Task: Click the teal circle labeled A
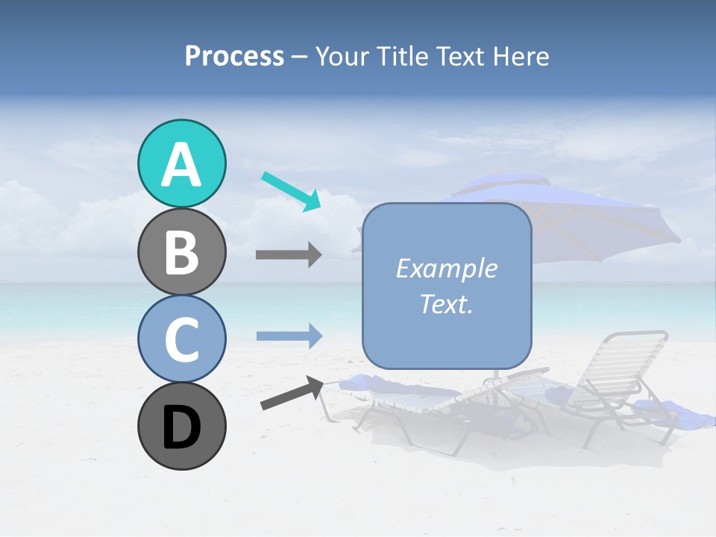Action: (x=181, y=163)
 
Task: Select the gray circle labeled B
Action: (x=181, y=251)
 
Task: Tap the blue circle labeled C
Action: (x=181, y=339)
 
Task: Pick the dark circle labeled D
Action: (x=181, y=426)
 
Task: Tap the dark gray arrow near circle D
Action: (x=291, y=393)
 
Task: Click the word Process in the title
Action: (x=234, y=56)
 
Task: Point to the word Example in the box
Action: (x=446, y=268)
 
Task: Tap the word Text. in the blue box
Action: (x=446, y=304)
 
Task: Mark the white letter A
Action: (x=181, y=165)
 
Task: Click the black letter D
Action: (x=181, y=427)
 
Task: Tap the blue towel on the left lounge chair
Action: (x=373, y=385)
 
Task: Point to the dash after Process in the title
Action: (x=300, y=57)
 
